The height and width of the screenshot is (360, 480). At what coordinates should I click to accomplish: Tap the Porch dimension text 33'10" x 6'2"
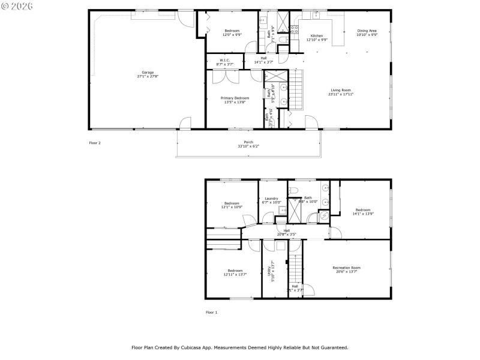coord(248,146)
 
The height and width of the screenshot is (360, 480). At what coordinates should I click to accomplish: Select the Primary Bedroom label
coord(235,98)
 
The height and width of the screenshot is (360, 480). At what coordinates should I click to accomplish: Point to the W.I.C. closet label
coord(224,60)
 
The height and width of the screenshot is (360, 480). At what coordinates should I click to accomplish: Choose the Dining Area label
coord(367,31)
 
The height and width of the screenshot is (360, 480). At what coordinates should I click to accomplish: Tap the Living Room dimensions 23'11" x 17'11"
coord(340,94)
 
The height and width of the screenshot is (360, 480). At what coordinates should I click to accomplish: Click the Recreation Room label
coord(347,268)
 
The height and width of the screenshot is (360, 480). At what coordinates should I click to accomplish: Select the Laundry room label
coord(271,198)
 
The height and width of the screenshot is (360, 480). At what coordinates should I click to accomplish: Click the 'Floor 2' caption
coord(95,143)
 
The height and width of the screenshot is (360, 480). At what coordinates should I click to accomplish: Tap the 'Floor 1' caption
coord(212,312)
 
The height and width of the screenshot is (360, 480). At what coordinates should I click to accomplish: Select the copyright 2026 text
coord(17,5)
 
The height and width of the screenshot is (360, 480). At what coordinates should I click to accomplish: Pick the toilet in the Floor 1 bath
coord(293,190)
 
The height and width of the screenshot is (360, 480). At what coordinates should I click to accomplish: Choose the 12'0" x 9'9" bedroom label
coord(232,32)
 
